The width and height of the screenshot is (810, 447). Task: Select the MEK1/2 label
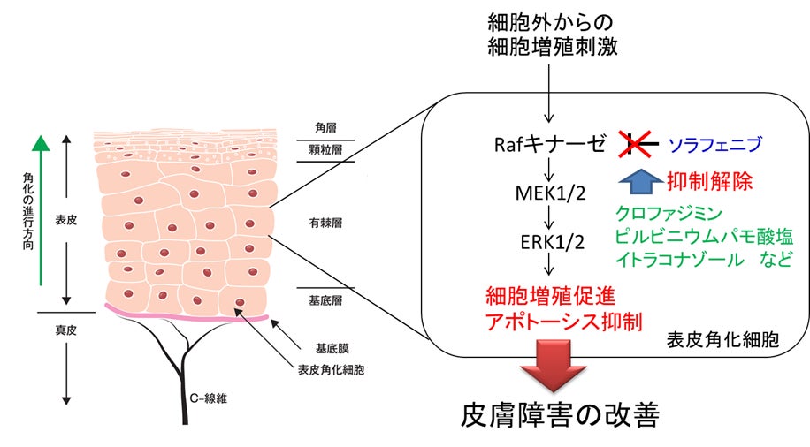[550, 193]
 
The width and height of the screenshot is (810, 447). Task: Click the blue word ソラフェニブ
[714, 144]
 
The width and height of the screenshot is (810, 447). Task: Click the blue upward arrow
[638, 181]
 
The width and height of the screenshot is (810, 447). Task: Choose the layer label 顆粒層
[325, 152]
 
